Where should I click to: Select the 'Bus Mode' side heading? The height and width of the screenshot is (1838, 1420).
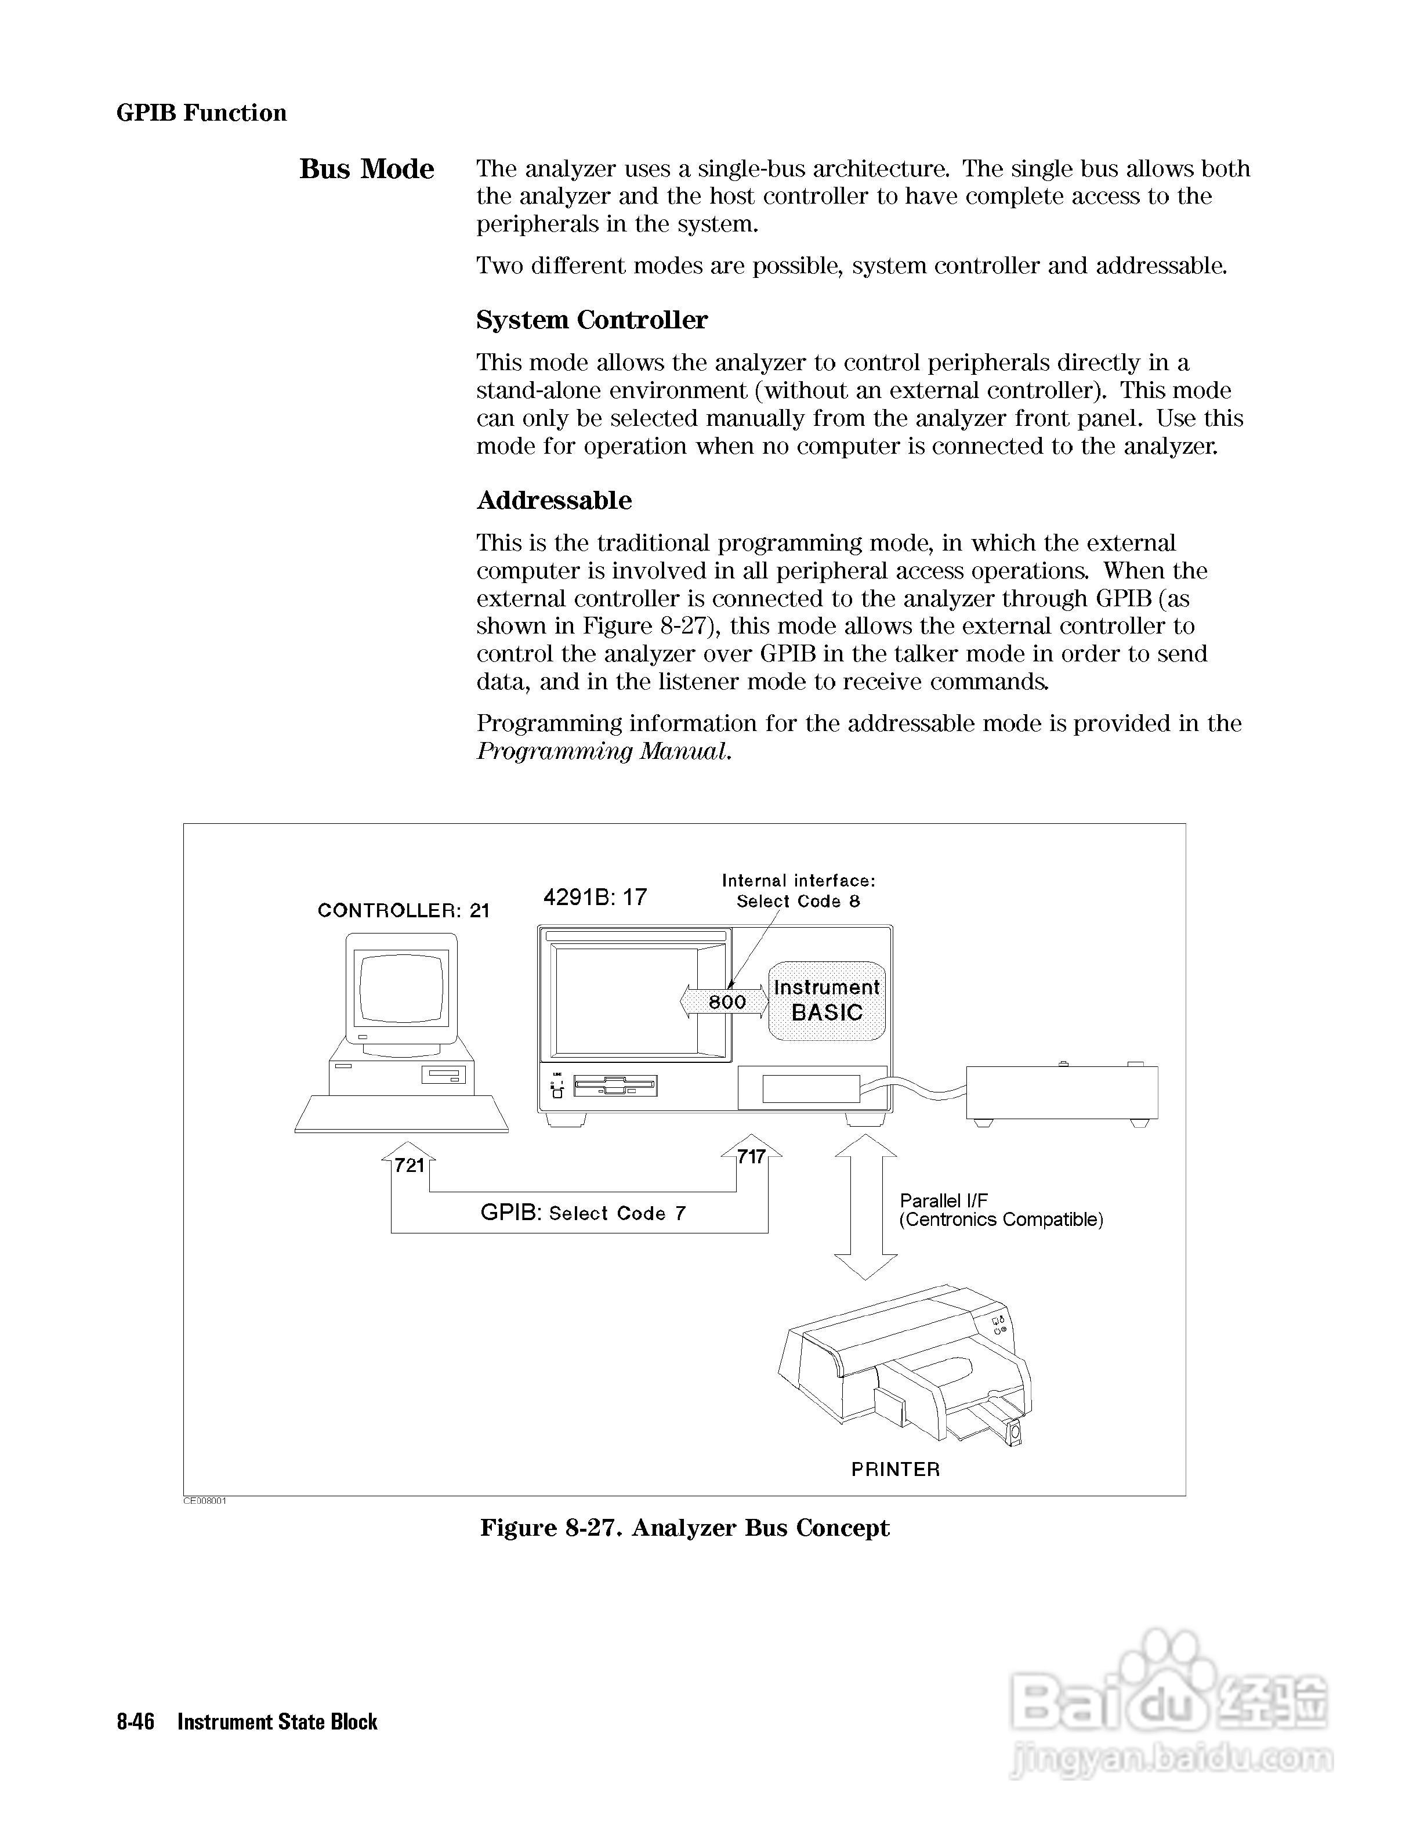[x=367, y=169]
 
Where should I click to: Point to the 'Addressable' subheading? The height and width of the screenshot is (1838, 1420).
[x=553, y=500]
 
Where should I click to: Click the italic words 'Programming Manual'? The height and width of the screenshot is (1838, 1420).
[x=602, y=751]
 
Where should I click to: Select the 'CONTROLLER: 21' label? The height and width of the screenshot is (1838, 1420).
[x=403, y=910]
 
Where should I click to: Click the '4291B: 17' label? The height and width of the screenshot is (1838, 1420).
[x=595, y=897]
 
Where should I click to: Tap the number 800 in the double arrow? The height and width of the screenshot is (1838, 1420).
[x=727, y=1001]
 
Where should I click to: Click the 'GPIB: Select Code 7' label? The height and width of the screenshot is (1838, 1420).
[x=583, y=1213]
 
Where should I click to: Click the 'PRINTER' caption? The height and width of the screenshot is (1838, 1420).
[x=895, y=1470]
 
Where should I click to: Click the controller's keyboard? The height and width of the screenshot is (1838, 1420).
[x=402, y=1113]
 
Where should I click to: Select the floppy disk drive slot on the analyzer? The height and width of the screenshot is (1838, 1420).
[x=615, y=1086]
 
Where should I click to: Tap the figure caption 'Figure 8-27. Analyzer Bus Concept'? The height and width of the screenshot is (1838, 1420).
[x=684, y=1528]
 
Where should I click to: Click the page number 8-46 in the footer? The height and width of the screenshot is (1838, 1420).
[x=135, y=1722]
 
